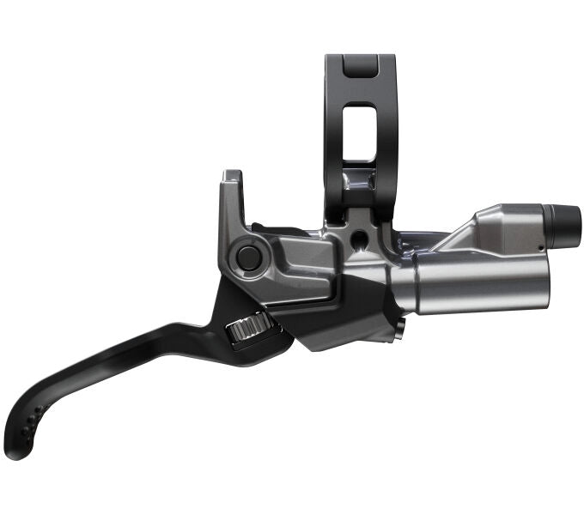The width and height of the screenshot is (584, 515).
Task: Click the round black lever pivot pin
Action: click(249, 256)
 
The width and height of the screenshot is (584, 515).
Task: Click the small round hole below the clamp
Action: click(356, 234)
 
